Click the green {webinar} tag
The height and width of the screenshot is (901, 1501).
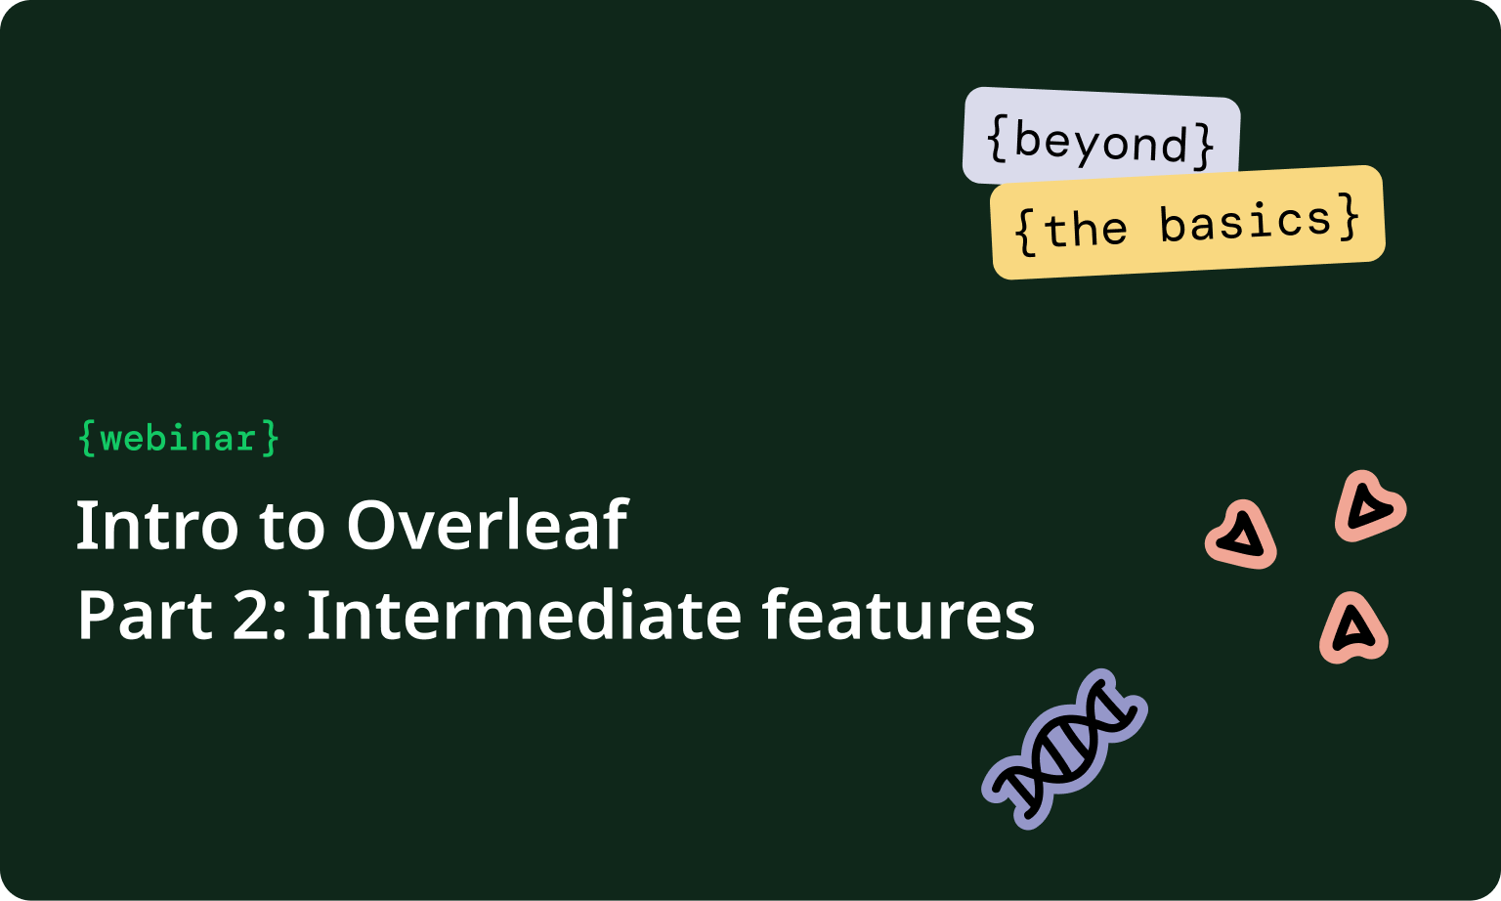coord(179,438)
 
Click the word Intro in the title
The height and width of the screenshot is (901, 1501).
coord(156,526)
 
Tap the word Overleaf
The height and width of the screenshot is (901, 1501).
coord(486,526)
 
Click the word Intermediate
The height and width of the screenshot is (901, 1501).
coord(524,616)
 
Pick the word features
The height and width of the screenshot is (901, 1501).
coord(897,616)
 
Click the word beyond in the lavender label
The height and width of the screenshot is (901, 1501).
coord(1100,143)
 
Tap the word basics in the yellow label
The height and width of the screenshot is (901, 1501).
coord(1245,223)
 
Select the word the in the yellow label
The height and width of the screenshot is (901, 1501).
coord(1085,231)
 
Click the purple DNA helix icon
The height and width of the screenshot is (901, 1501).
coord(1064,750)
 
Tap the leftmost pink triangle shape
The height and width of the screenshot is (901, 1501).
coord(1241,536)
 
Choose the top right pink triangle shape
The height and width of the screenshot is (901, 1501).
coord(1369,506)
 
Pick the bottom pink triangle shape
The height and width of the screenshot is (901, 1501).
coord(1353,628)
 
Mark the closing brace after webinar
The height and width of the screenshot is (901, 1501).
coord(271,438)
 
